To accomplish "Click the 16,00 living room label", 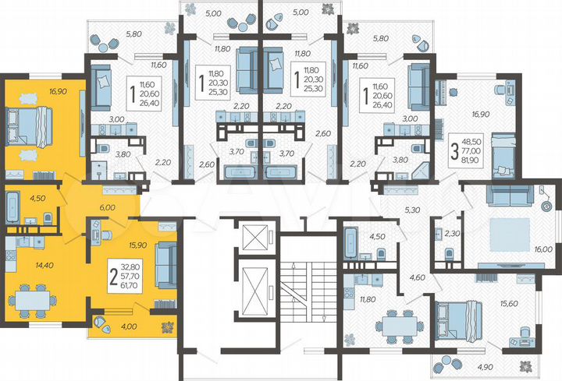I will (543, 249).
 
